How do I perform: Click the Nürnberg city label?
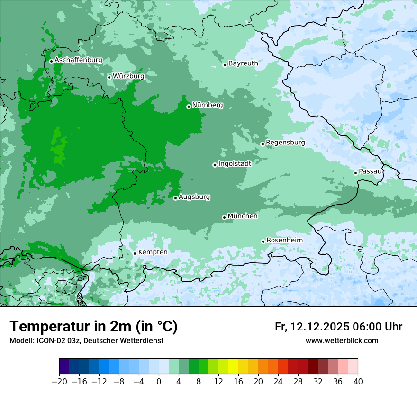pyautogui.click(x=207, y=105)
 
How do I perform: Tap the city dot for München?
pyautogui.click(x=224, y=217)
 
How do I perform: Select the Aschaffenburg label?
pyautogui.click(x=78, y=60)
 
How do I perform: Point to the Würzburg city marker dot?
pyautogui.click(x=109, y=77)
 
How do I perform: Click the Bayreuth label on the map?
pyautogui.click(x=243, y=63)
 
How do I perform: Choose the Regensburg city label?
pyautogui.click(x=285, y=143)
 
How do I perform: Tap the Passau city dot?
pyautogui.click(x=355, y=173)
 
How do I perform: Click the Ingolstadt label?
pyautogui.click(x=235, y=164)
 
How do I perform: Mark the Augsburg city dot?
pyautogui.click(x=175, y=198)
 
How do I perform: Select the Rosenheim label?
pyautogui.click(x=284, y=241)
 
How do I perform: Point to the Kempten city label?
pyautogui.click(x=153, y=252)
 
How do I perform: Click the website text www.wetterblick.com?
pyautogui.click(x=342, y=341)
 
